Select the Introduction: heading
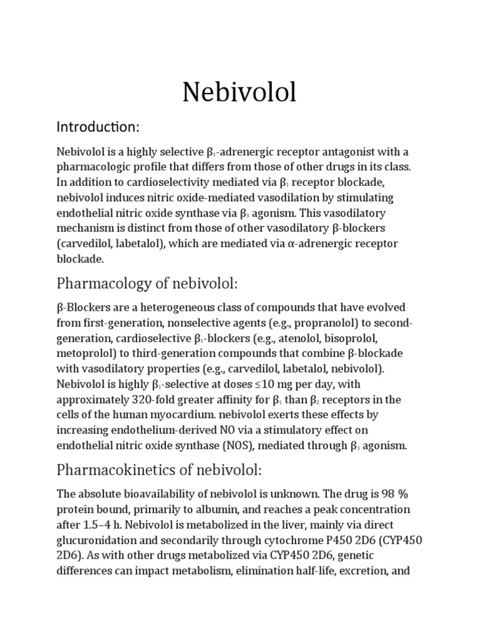coord(99,127)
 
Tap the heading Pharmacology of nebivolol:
coord(147,284)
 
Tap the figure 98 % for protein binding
coord(392,494)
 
